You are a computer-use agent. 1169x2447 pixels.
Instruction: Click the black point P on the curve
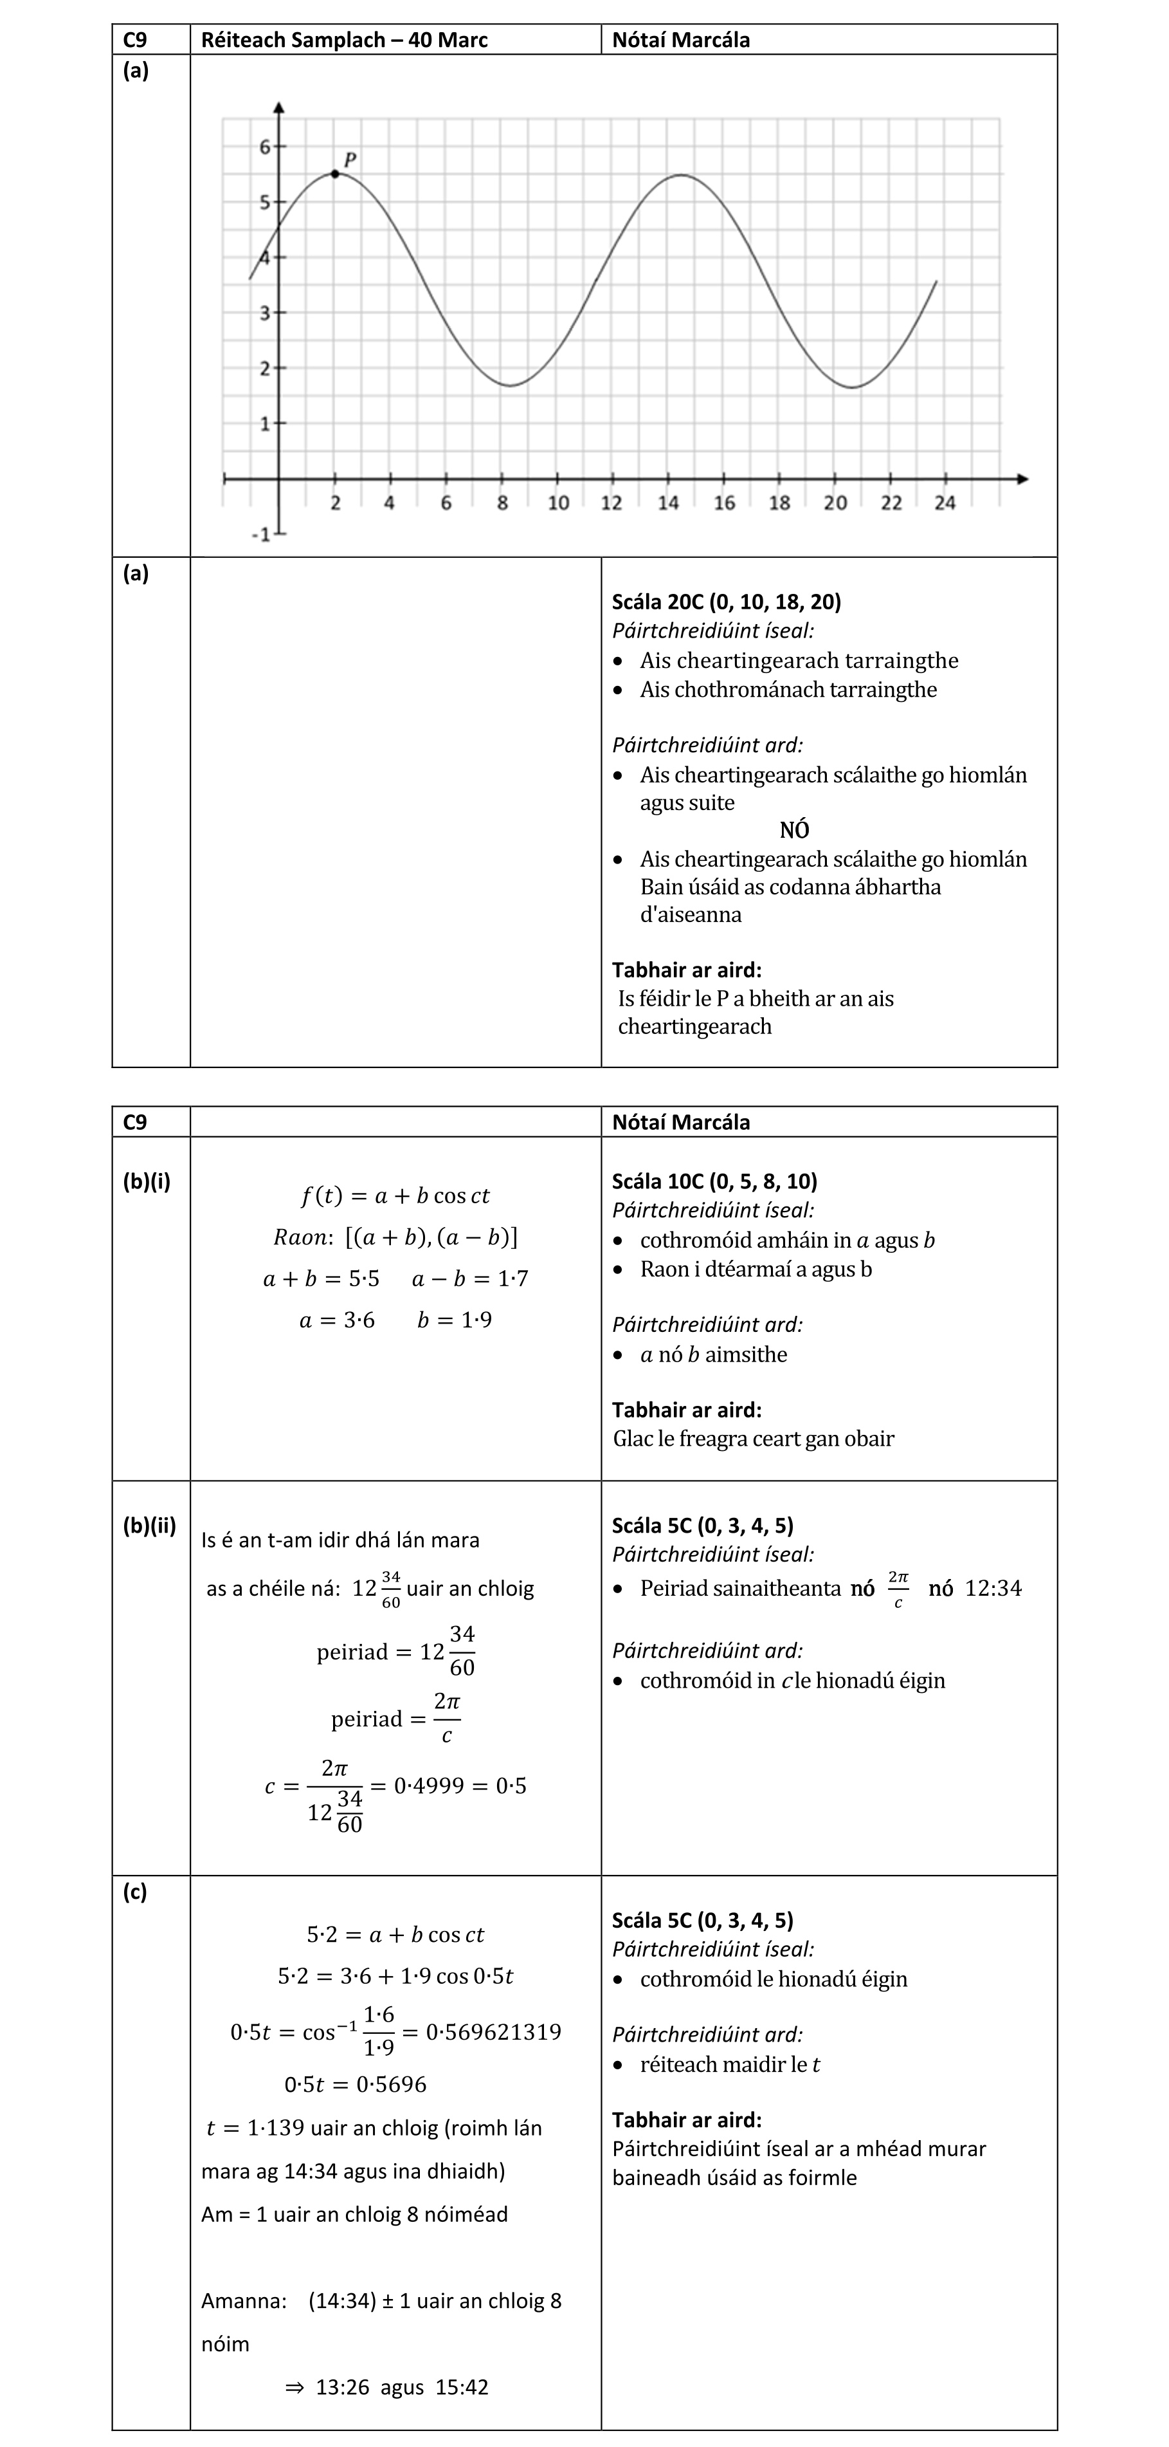tap(335, 174)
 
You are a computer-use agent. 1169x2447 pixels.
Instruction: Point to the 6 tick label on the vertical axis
tap(265, 146)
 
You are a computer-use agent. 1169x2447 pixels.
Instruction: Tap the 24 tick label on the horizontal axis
tap(944, 503)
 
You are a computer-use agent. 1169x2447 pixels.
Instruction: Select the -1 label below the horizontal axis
tap(260, 536)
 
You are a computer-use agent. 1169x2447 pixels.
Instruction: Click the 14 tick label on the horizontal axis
tap(669, 503)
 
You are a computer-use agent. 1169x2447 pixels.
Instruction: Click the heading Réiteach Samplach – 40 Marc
tap(344, 40)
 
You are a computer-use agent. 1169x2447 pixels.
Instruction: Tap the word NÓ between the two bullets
tap(794, 830)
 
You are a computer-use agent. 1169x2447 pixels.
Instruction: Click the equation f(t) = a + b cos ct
tap(395, 1196)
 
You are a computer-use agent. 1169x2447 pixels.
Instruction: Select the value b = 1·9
tap(454, 1320)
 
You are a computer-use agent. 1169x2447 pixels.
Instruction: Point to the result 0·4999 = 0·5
tap(460, 1785)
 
